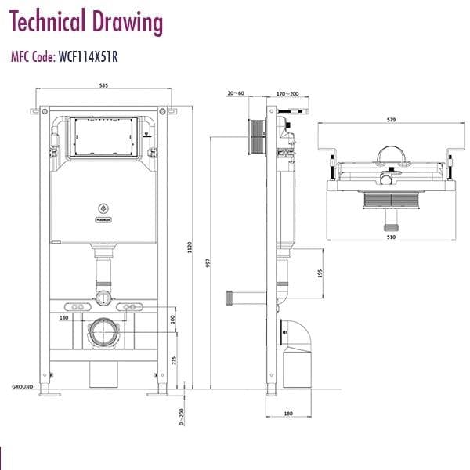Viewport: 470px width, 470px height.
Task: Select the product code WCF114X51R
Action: coord(89,56)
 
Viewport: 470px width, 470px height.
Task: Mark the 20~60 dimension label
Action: coord(237,93)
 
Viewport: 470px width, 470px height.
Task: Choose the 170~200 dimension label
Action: coord(288,93)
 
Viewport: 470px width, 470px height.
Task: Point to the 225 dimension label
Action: coord(174,360)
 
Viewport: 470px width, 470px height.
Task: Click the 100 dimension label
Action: coord(174,320)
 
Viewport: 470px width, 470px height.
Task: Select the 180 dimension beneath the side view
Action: coord(287,414)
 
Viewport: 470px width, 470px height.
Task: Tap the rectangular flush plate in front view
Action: coord(103,139)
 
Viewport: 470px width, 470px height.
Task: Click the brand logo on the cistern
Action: coord(103,208)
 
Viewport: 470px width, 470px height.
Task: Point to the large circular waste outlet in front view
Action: coord(103,333)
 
